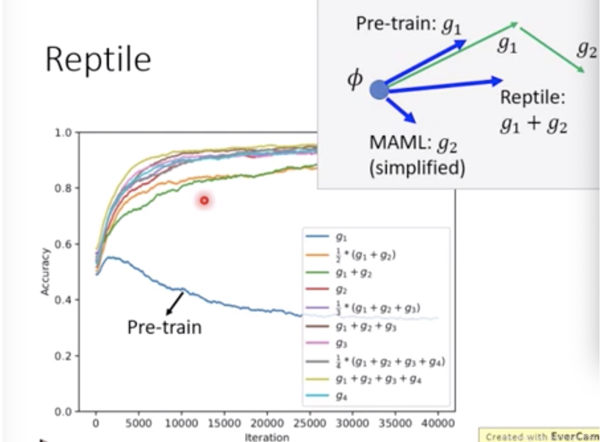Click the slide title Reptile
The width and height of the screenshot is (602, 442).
tap(98, 60)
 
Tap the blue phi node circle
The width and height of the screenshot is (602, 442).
tap(379, 91)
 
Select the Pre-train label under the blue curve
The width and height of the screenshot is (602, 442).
tap(164, 326)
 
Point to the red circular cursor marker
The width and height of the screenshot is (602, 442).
tap(204, 200)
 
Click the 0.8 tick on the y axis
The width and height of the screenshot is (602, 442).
tap(64, 188)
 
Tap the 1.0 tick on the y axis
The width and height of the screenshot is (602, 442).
tap(64, 132)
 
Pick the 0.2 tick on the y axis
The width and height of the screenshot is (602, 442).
tap(64, 356)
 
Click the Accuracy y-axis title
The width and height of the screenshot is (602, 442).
tap(45, 271)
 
